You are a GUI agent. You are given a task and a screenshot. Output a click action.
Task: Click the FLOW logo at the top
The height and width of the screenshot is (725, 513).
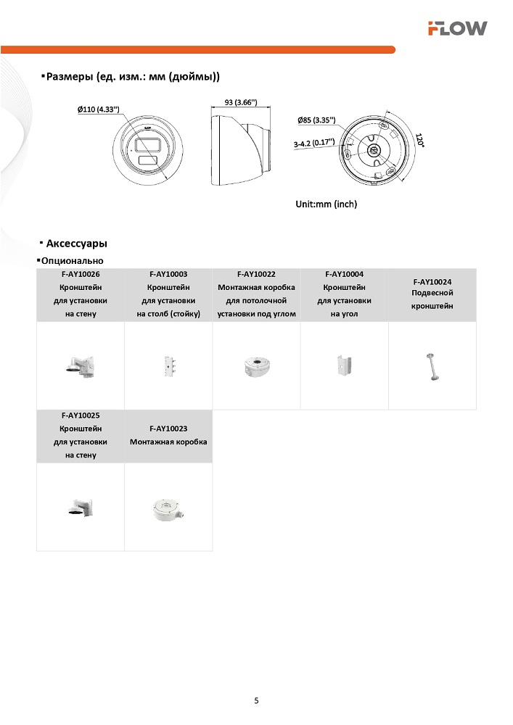click(457, 28)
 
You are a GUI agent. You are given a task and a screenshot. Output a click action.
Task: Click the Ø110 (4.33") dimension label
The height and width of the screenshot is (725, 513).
click(99, 109)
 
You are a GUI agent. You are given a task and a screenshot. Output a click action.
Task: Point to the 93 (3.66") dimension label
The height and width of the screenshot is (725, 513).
click(240, 102)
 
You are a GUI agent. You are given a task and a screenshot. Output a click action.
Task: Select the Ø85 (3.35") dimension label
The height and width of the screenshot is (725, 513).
click(316, 120)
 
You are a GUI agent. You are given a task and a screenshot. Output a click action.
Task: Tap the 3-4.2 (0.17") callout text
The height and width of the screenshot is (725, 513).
click(313, 143)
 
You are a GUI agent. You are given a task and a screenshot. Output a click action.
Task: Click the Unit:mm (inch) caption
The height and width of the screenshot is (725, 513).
click(326, 204)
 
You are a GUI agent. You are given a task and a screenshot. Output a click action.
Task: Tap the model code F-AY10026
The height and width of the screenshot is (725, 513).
click(81, 274)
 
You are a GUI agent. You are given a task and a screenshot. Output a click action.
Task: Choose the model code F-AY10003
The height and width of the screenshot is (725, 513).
click(168, 274)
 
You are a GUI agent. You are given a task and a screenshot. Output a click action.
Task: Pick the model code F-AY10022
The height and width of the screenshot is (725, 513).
click(256, 274)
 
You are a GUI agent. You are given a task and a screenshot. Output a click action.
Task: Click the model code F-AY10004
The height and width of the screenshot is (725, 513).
click(345, 274)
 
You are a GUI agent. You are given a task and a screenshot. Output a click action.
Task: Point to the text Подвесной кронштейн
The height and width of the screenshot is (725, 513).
click(432, 299)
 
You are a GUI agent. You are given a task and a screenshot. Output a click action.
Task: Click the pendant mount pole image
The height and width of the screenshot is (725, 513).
click(432, 365)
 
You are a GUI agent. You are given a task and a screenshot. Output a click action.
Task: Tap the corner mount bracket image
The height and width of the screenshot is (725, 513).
click(345, 365)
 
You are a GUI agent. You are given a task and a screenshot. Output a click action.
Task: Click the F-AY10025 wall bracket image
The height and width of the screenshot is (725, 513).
click(81, 507)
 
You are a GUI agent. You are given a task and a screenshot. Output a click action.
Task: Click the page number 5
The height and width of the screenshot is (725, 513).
click(256, 700)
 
